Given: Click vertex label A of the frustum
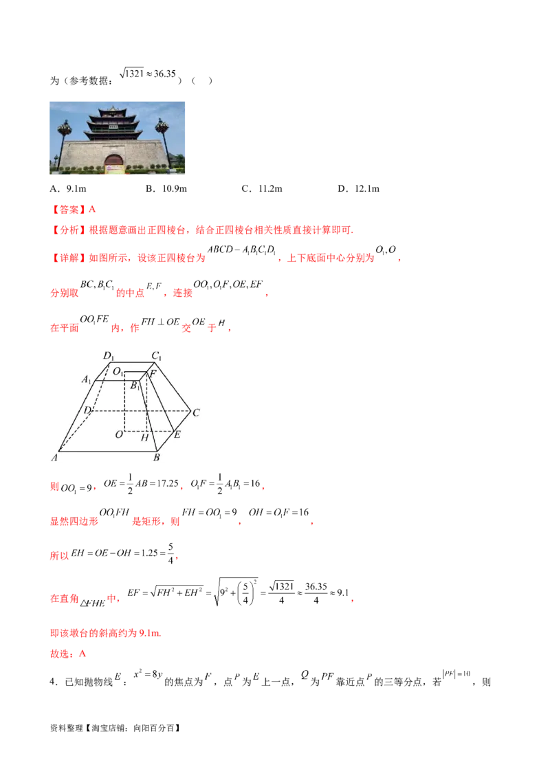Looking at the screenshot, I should click(x=53, y=456).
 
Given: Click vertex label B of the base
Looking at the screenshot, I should click(x=157, y=457).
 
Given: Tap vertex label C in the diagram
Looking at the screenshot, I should click(x=196, y=412).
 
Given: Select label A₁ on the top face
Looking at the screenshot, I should click(x=87, y=380).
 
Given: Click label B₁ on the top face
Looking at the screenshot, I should click(x=135, y=386).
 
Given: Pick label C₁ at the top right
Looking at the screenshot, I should click(x=157, y=355).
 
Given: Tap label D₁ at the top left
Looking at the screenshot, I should click(x=108, y=355).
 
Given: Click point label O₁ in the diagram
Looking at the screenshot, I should click(x=118, y=372).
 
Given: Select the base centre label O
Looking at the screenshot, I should click(x=118, y=434).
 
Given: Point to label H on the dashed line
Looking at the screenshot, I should click(x=144, y=437).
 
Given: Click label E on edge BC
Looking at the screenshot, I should click(x=177, y=435).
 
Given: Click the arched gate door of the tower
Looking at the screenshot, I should click(x=113, y=160).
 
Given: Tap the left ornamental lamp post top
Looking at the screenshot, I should click(x=66, y=126).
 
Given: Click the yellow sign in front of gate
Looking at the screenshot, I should click(x=113, y=170).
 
